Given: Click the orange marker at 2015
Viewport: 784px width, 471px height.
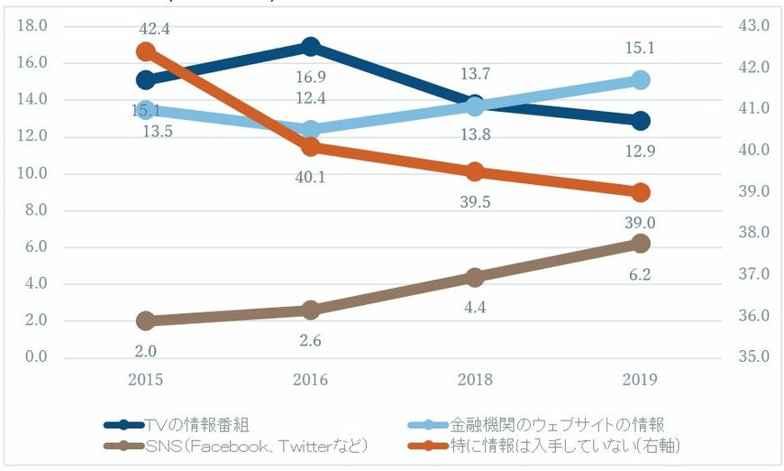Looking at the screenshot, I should (145, 51).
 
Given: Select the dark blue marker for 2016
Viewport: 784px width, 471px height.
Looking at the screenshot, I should (311, 46).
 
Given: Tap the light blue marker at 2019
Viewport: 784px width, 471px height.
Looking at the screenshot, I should (641, 80).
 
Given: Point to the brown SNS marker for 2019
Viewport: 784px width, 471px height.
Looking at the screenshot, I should (641, 244).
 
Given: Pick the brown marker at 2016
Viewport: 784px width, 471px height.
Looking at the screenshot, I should (311, 309).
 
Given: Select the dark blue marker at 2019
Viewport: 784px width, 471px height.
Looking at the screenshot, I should (641, 121).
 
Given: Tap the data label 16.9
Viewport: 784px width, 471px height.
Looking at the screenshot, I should (311, 77).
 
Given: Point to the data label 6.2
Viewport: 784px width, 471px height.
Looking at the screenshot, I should (641, 273).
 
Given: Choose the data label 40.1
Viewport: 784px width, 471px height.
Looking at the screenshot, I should (311, 177).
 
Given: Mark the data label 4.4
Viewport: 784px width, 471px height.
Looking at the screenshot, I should (476, 307).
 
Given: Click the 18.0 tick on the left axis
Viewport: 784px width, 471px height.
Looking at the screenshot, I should (33, 26).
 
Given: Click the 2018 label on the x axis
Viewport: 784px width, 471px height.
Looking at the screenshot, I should (476, 380).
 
